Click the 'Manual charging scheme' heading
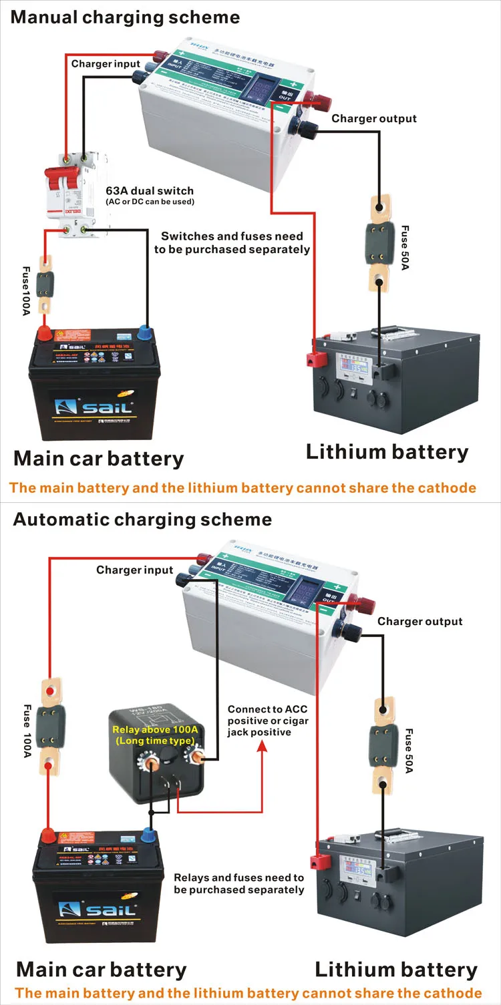point(125,17)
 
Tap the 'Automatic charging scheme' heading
point(142,520)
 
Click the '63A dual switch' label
point(150,190)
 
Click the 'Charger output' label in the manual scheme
point(374,119)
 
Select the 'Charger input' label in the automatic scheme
point(135,570)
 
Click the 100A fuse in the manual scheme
point(45,284)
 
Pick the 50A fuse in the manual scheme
point(379,236)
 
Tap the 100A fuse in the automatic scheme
point(51,726)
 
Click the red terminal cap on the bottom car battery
point(48,835)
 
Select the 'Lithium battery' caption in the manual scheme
point(387,452)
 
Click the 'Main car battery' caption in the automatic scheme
point(101,970)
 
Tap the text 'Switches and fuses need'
point(232,236)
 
